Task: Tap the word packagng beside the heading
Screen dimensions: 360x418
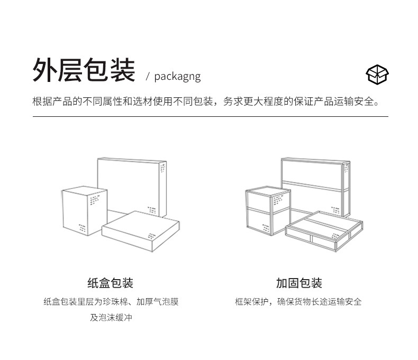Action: (x=177, y=76)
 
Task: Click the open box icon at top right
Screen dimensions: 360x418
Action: (x=377, y=75)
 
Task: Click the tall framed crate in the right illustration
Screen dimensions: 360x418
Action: (x=315, y=182)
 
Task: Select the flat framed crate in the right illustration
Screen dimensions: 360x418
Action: (x=324, y=228)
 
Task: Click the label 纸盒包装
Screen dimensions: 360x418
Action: (x=110, y=283)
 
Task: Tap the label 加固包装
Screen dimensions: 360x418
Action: (x=299, y=283)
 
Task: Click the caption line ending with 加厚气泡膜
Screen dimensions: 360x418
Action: (x=111, y=302)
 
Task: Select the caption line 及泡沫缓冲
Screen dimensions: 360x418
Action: (x=111, y=318)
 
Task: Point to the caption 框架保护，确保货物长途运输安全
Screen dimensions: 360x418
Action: (x=298, y=302)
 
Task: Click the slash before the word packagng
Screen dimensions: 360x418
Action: (x=148, y=77)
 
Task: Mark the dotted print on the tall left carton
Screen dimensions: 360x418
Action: (x=162, y=169)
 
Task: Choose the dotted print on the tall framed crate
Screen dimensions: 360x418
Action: (x=346, y=169)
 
